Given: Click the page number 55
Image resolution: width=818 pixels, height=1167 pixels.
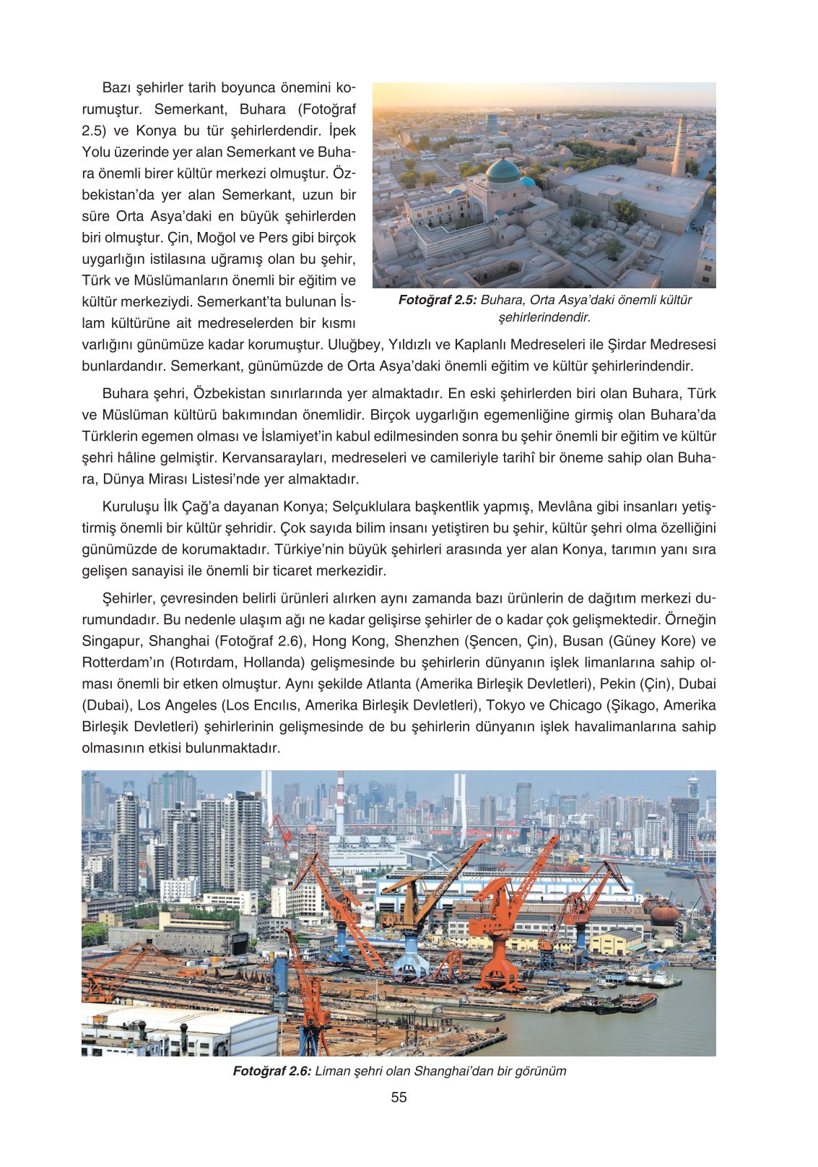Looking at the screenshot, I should coord(399,1097).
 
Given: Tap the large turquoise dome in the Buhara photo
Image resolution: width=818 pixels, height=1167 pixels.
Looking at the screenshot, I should coord(503,172).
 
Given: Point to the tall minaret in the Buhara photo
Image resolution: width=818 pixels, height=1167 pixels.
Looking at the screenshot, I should coord(679,145).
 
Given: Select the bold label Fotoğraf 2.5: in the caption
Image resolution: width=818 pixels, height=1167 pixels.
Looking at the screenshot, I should coord(438,300).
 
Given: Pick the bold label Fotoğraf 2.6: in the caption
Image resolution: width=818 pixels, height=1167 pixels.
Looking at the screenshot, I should coord(271,1071).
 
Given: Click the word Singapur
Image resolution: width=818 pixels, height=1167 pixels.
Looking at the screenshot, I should coord(112,641).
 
